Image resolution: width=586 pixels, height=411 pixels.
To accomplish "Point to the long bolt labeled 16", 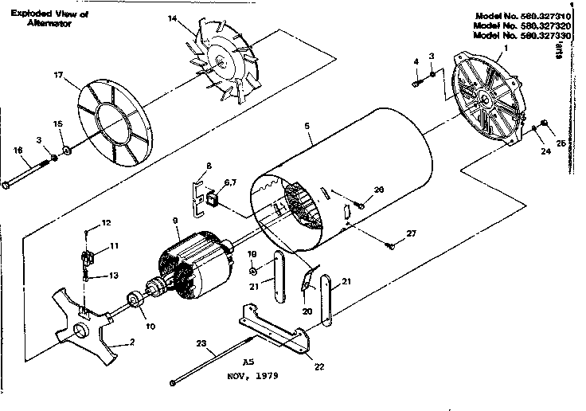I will click(28, 174).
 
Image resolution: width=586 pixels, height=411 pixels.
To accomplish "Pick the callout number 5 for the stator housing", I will click(307, 125).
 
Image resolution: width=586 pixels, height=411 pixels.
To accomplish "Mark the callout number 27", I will click(411, 233).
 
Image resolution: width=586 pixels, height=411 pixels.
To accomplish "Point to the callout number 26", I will click(378, 189).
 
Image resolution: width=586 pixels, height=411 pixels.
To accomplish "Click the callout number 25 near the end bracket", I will click(560, 143).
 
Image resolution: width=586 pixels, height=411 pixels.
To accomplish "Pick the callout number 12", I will click(106, 222).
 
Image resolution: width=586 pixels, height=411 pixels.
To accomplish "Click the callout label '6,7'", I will click(228, 183).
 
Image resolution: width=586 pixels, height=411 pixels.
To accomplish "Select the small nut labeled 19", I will click(252, 271).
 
